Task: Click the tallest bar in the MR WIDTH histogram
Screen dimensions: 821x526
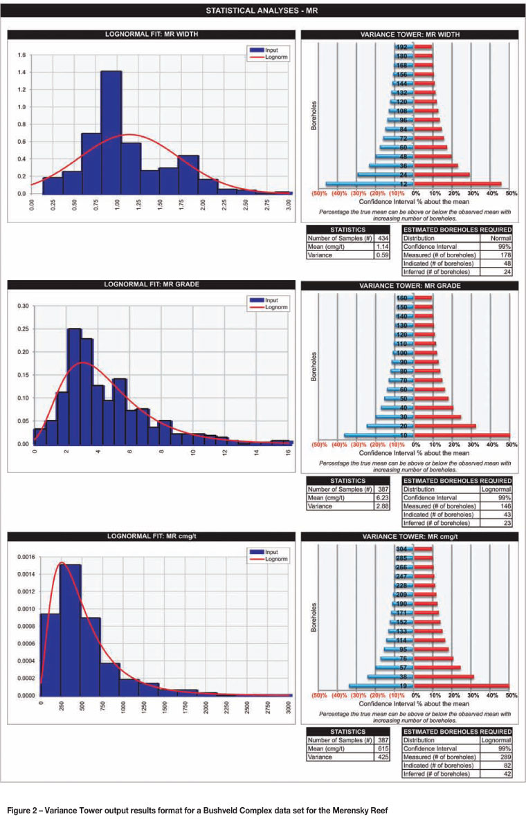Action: click(x=111, y=131)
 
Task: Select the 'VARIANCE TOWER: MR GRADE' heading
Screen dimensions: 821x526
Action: click(x=406, y=285)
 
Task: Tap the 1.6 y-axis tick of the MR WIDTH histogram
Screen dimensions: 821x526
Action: click(x=21, y=55)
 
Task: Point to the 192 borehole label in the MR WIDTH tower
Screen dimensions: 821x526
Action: click(x=401, y=47)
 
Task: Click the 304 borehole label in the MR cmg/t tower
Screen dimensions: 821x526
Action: click(x=401, y=548)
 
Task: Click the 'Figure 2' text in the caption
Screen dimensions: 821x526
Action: click(x=23, y=809)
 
